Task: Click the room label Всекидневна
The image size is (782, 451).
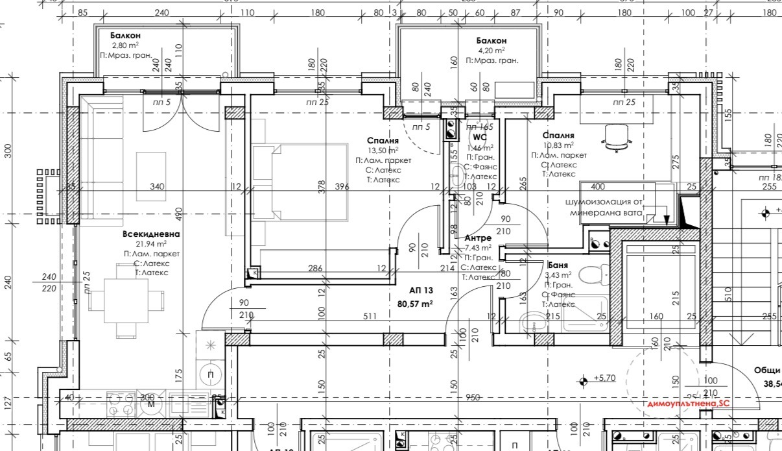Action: [x=151, y=234]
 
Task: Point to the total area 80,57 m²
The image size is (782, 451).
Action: [x=415, y=303]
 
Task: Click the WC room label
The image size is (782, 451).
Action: [x=479, y=138]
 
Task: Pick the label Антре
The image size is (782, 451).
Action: [x=478, y=238]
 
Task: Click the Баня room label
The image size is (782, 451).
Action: [x=558, y=265]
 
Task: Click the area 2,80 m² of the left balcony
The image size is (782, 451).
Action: [x=125, y=45]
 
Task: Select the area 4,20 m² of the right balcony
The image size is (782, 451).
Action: [x=491, y=50]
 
